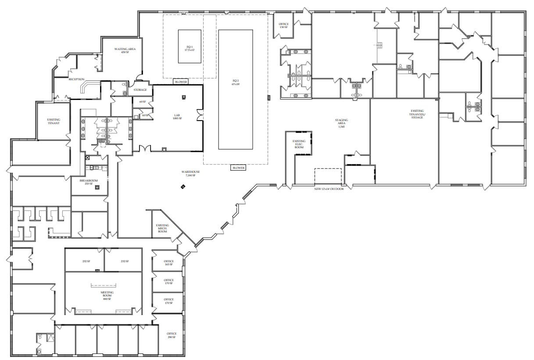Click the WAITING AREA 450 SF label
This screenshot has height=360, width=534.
(125, 50)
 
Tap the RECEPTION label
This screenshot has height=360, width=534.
(76, 79)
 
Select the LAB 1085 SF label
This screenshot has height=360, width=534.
(177, 117)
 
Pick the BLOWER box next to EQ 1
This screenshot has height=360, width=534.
(181, 82)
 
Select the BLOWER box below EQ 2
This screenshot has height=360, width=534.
(238, 168)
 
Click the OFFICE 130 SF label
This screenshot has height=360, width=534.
(283, 25)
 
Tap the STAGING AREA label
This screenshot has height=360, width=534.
(341, 123)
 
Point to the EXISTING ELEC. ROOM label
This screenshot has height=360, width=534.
(299, 144)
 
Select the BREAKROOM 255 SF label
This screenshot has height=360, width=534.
(88, 182)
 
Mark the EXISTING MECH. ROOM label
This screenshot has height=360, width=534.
(162, 228)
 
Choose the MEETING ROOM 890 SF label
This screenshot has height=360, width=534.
(107, 296)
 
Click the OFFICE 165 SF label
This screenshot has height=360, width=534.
(168, 263)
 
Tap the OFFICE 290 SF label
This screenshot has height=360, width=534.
(171, 335)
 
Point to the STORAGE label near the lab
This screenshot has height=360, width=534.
(140, 90)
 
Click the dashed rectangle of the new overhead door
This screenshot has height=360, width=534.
(328, 176)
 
